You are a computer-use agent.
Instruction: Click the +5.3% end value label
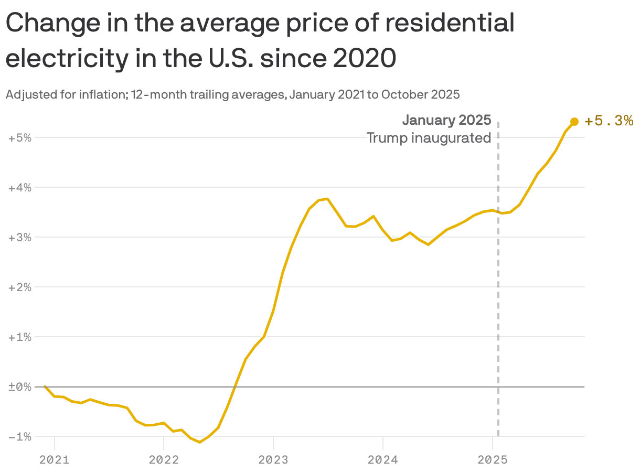[609, 121]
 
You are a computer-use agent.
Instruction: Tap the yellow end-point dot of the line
[574, 122]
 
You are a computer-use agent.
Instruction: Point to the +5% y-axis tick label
[20, 138]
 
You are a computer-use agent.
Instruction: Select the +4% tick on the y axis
[20, 188]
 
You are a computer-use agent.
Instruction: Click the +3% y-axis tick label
[20, 238]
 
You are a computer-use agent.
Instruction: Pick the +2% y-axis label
[20, 287]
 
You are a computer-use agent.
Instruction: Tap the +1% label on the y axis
[20, 337]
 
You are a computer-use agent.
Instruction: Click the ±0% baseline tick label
[20, 387]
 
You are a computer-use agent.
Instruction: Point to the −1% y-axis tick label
[20, 437]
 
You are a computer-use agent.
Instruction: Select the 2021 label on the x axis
[55, 460]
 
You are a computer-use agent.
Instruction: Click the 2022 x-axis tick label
[164, 460]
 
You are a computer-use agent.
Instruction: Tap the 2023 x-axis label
[273, 460]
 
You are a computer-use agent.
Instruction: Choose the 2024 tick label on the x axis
[383, 460]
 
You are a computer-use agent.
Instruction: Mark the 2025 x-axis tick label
[492, 460]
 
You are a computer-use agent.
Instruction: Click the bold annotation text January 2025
[446, 120]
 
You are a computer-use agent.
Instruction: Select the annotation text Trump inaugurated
[429, 138]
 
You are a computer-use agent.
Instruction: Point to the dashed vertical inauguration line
[498, 315]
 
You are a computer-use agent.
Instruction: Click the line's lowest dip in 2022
[200, 442]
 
